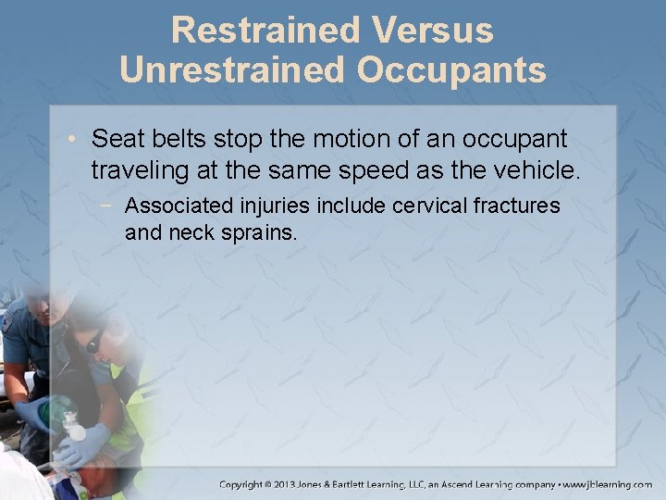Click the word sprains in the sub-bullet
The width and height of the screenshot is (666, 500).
click(x=263, y=233)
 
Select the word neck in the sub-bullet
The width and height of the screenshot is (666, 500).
click(x=192, y=233)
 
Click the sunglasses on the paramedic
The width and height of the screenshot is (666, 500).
click(x=94, y=342)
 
